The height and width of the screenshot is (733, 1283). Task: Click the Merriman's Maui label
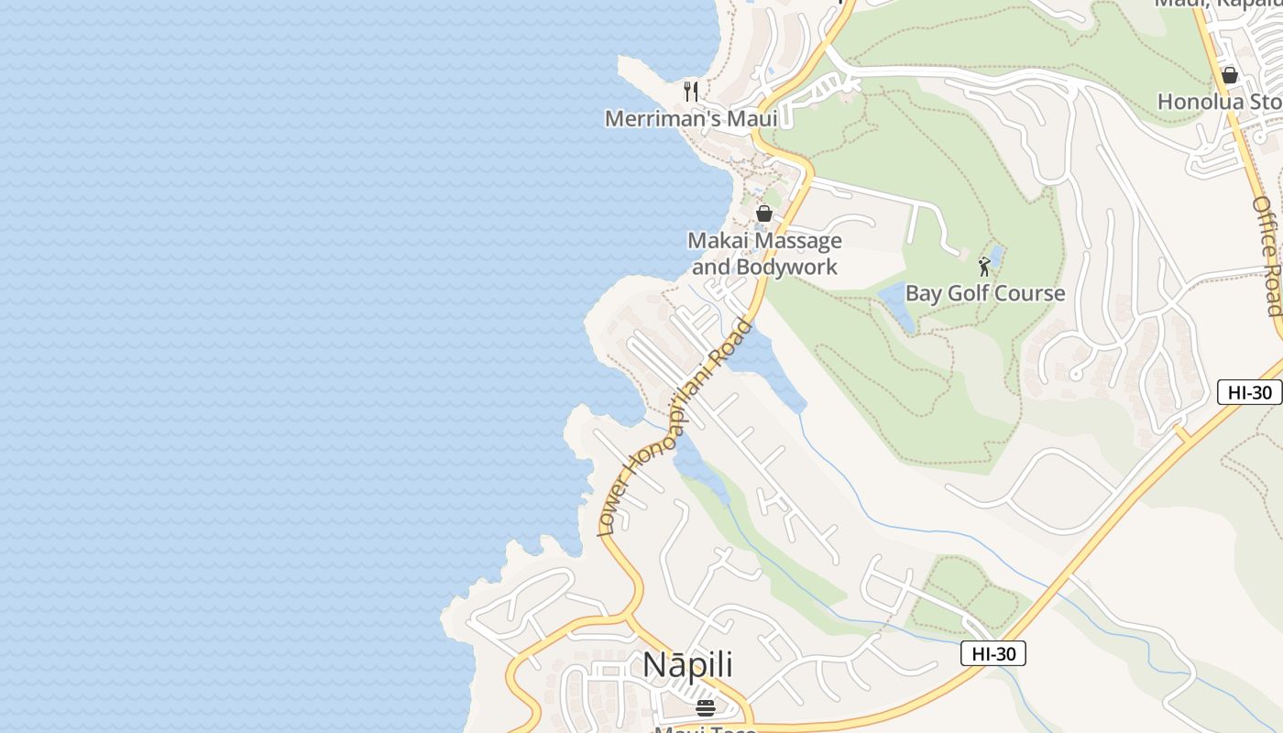(x=691, y=118)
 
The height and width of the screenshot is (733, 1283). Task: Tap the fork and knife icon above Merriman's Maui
(x=691, y=92)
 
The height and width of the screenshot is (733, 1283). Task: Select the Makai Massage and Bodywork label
(x=764, y=254)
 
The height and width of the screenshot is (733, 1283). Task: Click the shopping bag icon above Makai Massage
(x=763, y=213)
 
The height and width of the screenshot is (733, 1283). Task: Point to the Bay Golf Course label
(x=985, y=293)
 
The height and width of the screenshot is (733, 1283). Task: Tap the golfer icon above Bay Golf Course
(x=984, y=267)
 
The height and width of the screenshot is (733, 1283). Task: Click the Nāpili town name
(x=687, y=665)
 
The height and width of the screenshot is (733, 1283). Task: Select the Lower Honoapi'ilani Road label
(x=674, y=427)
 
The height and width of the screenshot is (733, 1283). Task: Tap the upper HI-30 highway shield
(x=1249, y=392)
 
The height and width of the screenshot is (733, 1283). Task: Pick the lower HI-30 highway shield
(x=992, y=653)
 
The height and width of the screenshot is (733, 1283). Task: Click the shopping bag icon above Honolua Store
(x=1230, y=75)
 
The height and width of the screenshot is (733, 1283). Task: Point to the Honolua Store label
(x=1219, y=101)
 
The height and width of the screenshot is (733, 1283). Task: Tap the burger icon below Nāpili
(x=705, y=707)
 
